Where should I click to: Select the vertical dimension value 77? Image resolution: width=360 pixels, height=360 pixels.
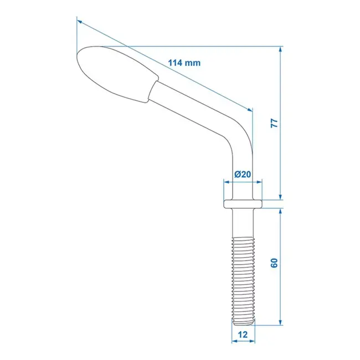[274, 123]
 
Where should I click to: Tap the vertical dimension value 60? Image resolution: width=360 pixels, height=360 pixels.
[274, 264]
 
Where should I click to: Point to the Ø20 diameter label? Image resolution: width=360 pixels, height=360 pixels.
[243, 174]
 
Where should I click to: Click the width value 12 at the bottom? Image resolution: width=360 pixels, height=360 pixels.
[242, 335]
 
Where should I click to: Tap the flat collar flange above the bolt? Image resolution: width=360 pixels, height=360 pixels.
[242, 203]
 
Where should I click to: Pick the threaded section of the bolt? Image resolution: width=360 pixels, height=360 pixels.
[242, 277]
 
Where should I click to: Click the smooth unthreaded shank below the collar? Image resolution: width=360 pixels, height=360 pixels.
[242, 222]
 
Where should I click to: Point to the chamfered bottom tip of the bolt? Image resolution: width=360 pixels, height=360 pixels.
[242, 322]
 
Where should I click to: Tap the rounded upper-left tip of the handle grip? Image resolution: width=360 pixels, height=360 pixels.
[79, 55]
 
